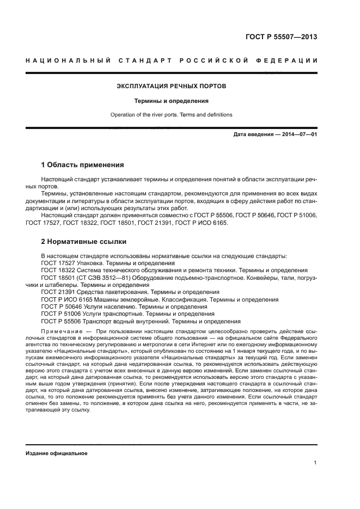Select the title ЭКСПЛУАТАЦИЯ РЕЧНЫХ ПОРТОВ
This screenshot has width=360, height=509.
pyautogui.click(x=172, y=86)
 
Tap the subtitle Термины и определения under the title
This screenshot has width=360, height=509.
pyautogui.click(x=172, y=101)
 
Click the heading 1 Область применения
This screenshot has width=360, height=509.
pyautogui.click(x=83, y=164)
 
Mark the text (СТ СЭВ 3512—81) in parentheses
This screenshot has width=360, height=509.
pyautogui.click(x=101, y=278)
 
